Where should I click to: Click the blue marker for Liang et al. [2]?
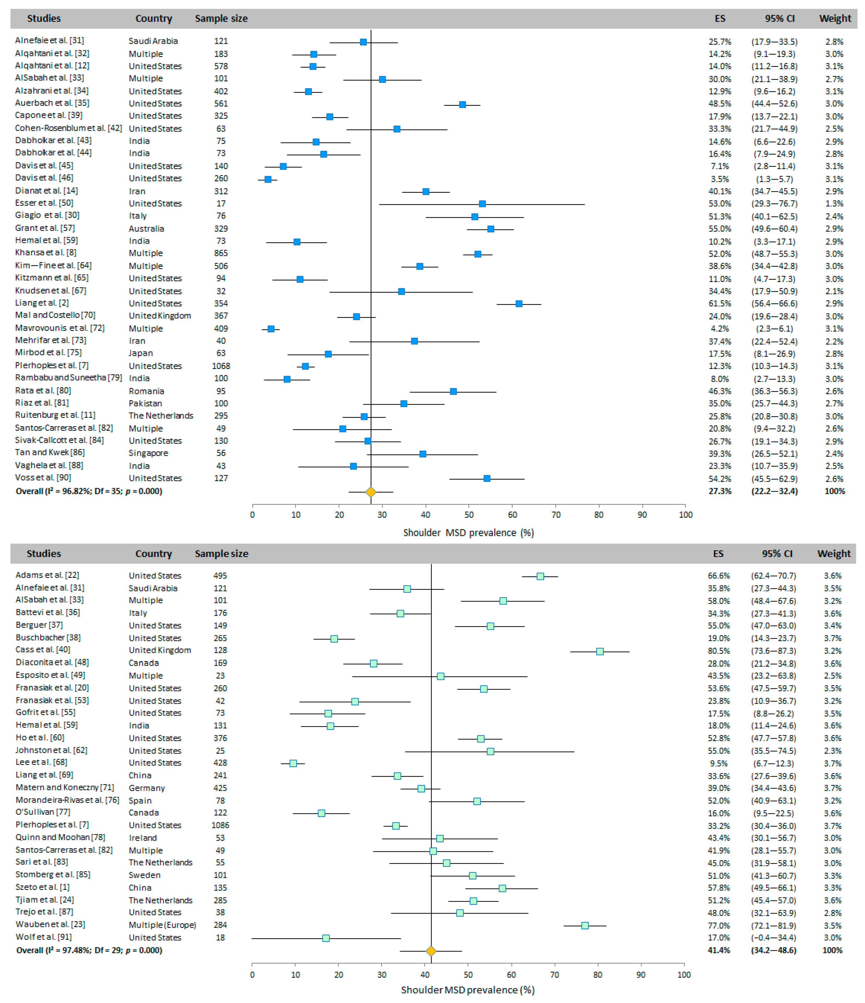pyautogui.click(x=519, y=303)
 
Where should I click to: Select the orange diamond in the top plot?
pyautogui.click(x=370, y=492)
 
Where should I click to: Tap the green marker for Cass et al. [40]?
pyautogui.click(x=600, y=652)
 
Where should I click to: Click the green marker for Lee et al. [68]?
pyautogui.click(x=293, y=763)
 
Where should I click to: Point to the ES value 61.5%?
pyautogui.click(x=720, y=303)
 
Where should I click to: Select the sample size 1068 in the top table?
pyautogui.click(x=221, y=366)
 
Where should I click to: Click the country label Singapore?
pyautogui.click(x=148, y=453)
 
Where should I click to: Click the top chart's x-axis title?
pyautogui.click(x=468, y=532)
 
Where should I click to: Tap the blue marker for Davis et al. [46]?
pyautogui.click(x=268, y=179)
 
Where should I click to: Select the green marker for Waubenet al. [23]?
pyautogui.click(x=585, y=925)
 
